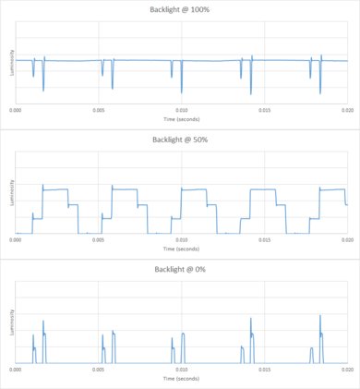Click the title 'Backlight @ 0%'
pos(180,269)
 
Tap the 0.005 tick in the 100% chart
pos(99,109)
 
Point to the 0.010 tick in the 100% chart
pos(182,109)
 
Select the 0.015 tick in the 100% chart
pos(264,109)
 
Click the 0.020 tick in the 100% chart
pos(346,109)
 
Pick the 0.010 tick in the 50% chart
pos(182,238)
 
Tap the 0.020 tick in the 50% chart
pos(346,238)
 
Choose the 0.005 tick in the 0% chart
pos(99,369)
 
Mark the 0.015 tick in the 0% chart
pos(264,369)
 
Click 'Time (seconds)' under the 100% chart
pos(182,119)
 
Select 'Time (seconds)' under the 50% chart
pos(182,249)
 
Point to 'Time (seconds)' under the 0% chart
pos(182,378)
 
